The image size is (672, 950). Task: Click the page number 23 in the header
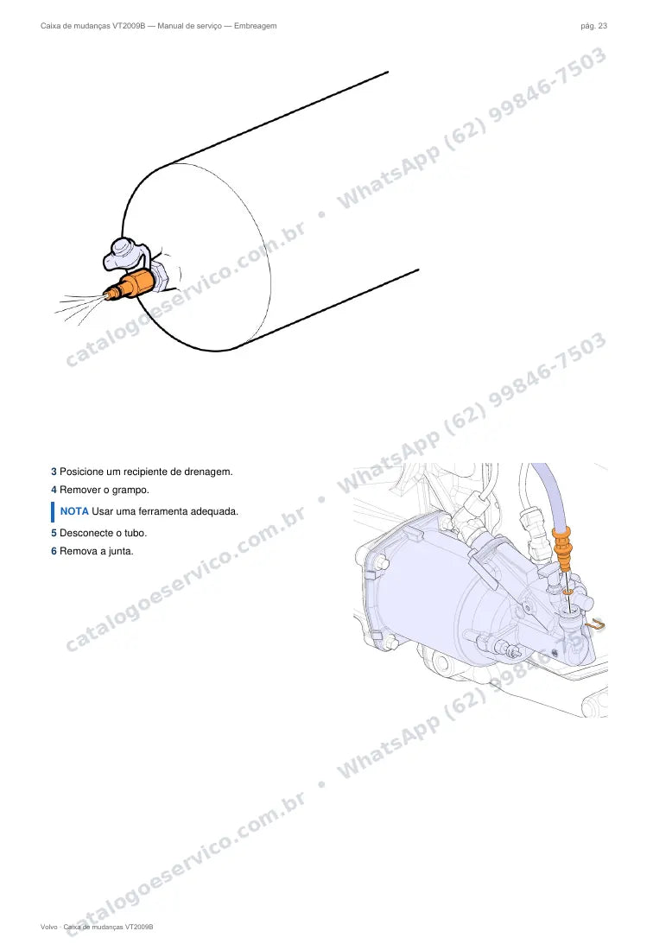click(602, 26)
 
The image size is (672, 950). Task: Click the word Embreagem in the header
click(255, 26)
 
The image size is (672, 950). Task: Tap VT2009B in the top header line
click(129, 26)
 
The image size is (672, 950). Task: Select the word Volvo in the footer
click(49, 927)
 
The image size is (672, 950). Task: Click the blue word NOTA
click(74, 511)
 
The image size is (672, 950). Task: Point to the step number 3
click(54, 472)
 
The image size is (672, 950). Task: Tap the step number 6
click(54, 551)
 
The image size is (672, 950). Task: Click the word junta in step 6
click(121, 551)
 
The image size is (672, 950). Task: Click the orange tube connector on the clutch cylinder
click(563, 549)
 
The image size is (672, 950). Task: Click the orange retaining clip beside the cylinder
click(596, 624)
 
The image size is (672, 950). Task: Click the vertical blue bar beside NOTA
click(53, 512)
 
